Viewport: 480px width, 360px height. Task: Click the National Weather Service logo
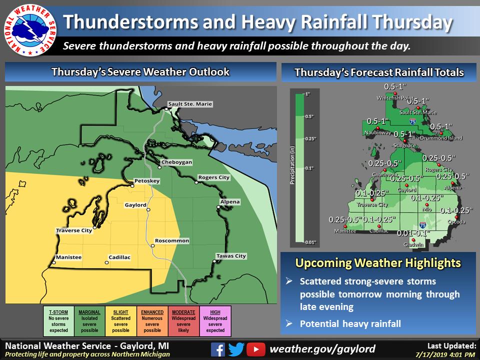point(28,29)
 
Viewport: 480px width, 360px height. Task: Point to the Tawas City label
point(231,256)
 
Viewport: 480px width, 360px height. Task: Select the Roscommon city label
point(172,241)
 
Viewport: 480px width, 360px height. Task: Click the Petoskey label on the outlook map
point(147,180)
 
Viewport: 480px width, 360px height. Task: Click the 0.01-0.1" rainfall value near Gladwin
point(413,233)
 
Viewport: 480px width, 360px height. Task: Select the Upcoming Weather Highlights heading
point(378,262)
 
